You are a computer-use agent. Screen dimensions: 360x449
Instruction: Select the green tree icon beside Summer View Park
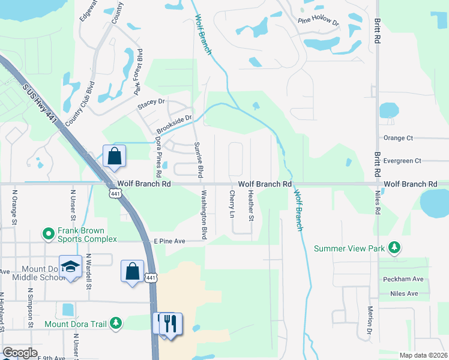coord(394,247)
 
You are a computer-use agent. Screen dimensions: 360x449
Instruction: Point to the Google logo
coord(20,353)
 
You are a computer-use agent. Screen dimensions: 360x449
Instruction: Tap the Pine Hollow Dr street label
coord(319,21)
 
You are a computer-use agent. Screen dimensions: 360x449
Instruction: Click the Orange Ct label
coord(399,138)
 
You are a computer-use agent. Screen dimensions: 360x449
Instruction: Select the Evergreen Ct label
coord(403,161)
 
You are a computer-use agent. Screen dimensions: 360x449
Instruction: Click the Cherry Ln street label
coord(232,205)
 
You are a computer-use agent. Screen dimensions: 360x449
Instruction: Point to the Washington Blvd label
coord(204,214)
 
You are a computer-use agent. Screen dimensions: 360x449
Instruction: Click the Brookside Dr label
coord(174,125)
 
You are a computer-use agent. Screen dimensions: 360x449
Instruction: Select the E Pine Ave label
coord(169,241)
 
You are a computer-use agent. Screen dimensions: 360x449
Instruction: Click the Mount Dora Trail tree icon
coord(115,324)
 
